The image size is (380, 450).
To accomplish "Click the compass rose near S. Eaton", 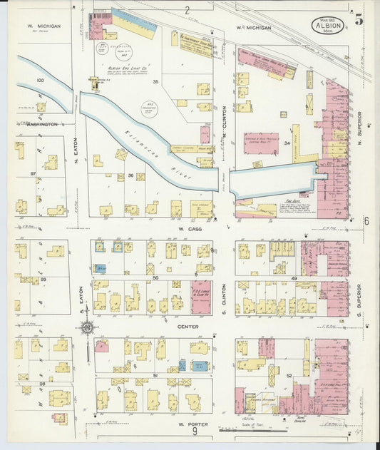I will pos(88,328).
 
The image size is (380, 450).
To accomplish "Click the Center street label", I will pos(188,327).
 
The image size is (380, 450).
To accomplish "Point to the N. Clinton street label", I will pos(224,131).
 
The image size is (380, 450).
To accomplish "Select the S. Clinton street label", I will pos(224,295).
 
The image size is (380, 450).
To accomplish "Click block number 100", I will pos(40,81).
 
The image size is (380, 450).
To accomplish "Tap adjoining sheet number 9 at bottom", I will pos(194,431).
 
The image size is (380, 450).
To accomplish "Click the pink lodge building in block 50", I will pos(201,297).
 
